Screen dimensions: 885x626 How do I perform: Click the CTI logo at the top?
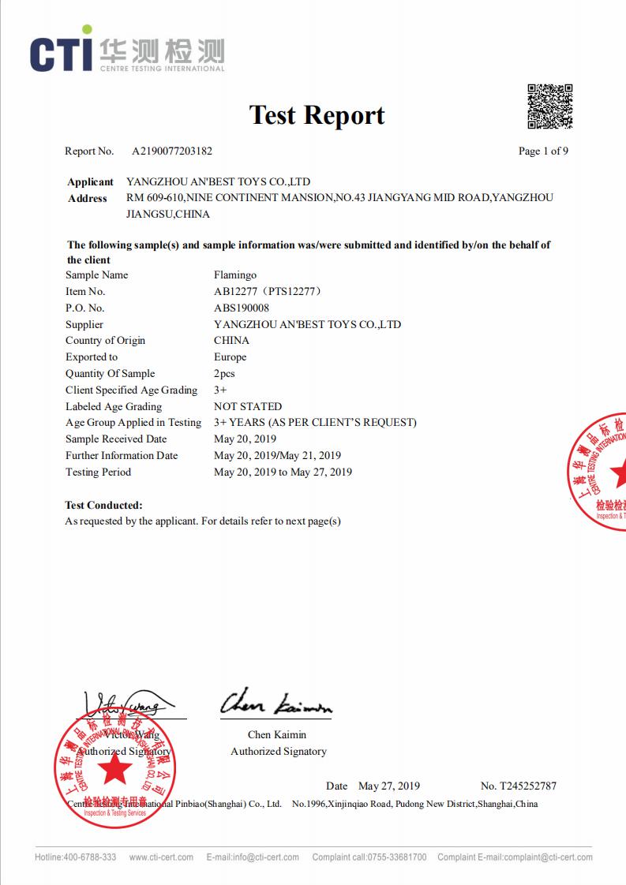[126, 52]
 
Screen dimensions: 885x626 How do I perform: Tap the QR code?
[549, 106]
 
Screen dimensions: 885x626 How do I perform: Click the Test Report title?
[317, 115]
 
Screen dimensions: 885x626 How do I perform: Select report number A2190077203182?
[171, 151]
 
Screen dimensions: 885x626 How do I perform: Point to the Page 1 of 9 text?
[543, 151]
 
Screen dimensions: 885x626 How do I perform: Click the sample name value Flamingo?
[235, 275]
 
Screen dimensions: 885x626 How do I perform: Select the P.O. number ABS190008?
[242, 308]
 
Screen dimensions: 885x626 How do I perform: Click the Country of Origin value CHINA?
[231, 341]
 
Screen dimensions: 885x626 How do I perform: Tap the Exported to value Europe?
[230, 357]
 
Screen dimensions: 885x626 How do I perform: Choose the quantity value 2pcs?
[224, 374]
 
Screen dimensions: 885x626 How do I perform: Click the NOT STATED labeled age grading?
[248, 407]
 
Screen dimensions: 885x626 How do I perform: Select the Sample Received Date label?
[116, 439]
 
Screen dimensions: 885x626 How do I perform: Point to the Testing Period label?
[98, 472]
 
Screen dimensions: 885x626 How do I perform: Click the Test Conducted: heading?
[103, 505]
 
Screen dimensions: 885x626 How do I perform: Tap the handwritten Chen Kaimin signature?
[276, 701]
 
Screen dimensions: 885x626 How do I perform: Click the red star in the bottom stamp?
[115, 768]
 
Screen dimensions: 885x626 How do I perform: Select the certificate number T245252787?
[527, 786]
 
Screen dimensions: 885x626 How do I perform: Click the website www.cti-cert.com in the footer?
[161, 857]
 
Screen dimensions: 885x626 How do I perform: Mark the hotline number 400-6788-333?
[90, 857]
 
